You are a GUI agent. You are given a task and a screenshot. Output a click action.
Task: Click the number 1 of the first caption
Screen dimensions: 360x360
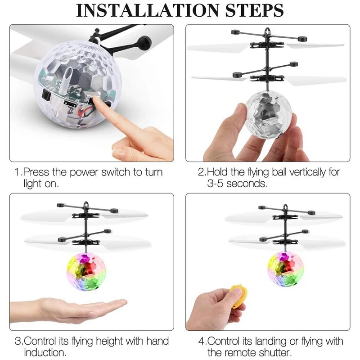tap(17, 173)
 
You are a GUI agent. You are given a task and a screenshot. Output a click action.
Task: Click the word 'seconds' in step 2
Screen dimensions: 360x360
tap(249, 184)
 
